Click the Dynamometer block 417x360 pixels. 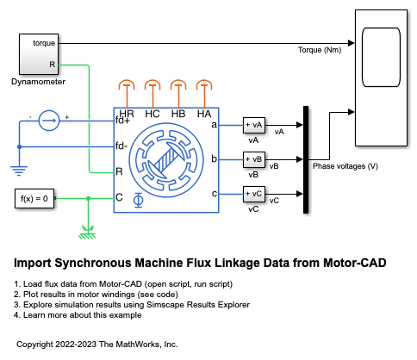[x=39, y=54]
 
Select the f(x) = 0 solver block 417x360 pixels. [x=34, y=198]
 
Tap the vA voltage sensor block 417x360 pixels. [x=254, y=125]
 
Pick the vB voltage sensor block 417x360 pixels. [x=254, y=159]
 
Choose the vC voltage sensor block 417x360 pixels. [x=254, y=194]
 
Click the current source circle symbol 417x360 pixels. [x=49, y=121]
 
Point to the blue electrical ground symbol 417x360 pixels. [x=19, y=171]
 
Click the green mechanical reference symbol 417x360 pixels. [x=88, y=233]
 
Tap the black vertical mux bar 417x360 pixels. [x=306, y=159]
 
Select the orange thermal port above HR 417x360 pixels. [x=127, y=85]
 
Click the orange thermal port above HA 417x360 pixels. [x=204, y=85]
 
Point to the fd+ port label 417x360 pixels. [x=122, y=121]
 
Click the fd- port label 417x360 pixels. [x=121, y=146]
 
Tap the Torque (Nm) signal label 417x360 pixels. [x=320, y=50]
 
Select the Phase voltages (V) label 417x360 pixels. [x=345, y=166]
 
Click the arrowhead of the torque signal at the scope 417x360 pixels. [x=352, y=43]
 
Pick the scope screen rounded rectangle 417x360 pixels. [x=381, y=57]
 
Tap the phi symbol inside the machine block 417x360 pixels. [x=139, y=200]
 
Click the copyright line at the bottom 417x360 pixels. [x=97, y=344]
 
